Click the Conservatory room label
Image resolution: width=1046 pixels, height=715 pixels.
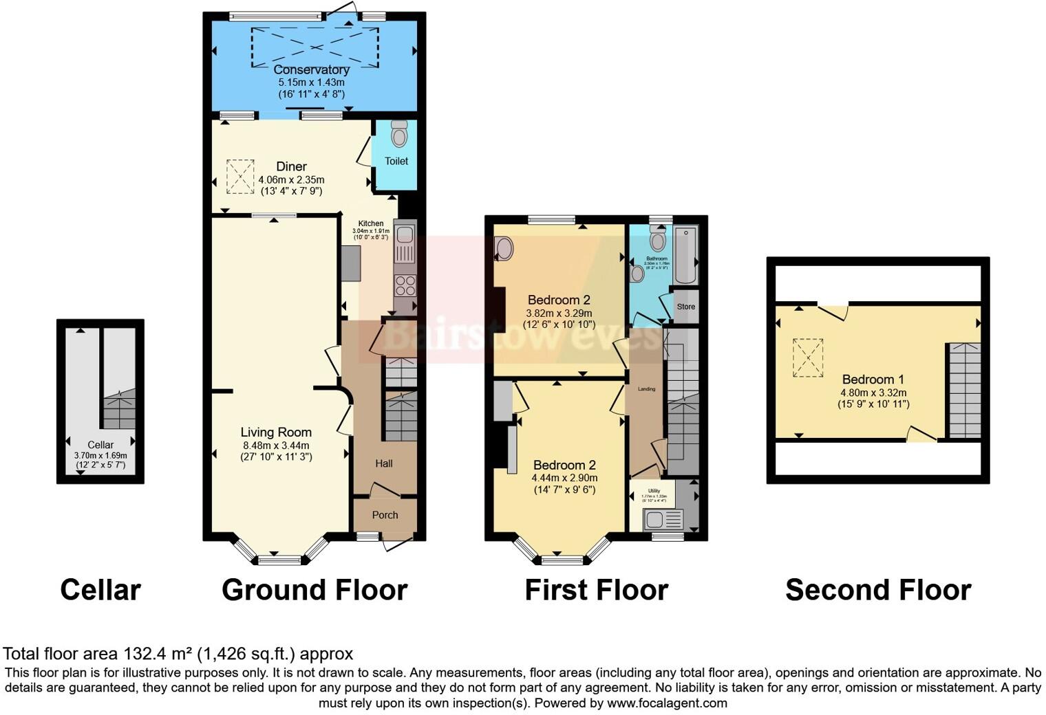(311, 69)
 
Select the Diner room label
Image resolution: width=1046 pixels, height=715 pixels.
(291, 166)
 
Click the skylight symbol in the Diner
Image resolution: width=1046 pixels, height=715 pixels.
(239, 177)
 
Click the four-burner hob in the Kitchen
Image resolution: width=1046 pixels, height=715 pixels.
(405, 285)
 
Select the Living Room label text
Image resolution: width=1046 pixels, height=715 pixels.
(276, 432)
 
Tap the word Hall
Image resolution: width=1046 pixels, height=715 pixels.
(384, 463)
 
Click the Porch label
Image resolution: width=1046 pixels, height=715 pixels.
(385, 515)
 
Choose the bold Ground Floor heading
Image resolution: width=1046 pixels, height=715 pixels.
(314, 590)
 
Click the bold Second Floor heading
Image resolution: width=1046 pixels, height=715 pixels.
(878, 590)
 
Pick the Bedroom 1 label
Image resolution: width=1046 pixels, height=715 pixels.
(873, 379)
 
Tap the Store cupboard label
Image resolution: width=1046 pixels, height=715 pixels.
(685, 307)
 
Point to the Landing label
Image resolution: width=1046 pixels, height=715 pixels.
(646, 389)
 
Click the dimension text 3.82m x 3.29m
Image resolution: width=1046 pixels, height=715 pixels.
(559, 313)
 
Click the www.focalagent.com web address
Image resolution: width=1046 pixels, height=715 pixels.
(666, 703)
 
